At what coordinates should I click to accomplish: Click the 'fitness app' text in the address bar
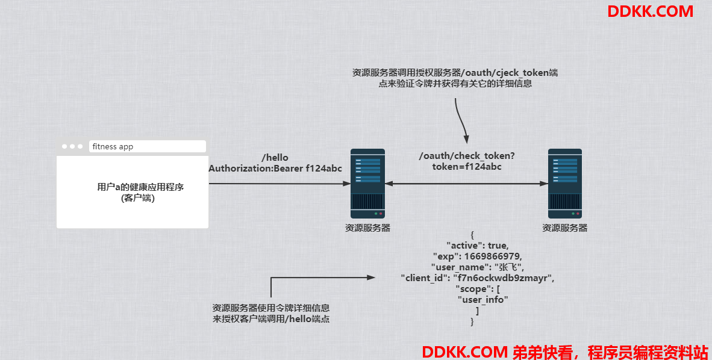(x=113, y=147)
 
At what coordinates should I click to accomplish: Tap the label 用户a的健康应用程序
(x=140, y=187)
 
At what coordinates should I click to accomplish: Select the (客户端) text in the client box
(x=138, y=198)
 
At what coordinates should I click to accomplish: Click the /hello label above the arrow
(x=275, y=158)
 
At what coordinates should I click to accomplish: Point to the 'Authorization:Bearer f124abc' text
(x=275, y=169)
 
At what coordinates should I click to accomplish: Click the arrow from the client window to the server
(x=279, y=184)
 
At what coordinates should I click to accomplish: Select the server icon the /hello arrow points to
(x=368, y=184)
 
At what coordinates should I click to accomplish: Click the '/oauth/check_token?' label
(x=467, y=156)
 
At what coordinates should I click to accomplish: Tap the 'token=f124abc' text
(x=467, y=167)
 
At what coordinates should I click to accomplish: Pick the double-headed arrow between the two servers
(x=467, y=184)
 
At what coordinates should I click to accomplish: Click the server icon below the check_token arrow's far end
(x=565, y=184)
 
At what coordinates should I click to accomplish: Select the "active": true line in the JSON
(x=478, y=246)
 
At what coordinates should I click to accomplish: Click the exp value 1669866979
(x=493, y=256)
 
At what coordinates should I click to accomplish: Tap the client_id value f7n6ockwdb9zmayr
(x=502, y=278)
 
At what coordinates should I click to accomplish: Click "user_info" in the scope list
(x=482, y=300)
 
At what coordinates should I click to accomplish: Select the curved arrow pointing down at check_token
(x=461, y=121)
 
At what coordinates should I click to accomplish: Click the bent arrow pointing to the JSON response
(x=318, y=278)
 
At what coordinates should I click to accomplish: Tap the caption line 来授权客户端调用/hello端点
(x=271, y=319)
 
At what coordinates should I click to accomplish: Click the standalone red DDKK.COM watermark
(x=650, y=11)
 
